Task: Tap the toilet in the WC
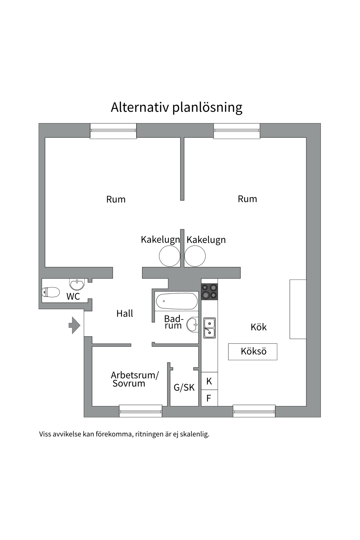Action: pos(51,292)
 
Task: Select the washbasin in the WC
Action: pos(77,284)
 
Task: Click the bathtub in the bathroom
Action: pos(177,301)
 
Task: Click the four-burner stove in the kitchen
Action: pos(210,291)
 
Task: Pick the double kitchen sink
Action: pos(210,328)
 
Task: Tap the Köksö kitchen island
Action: pos(253,352)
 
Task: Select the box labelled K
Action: pos(209,381)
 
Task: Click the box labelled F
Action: pos(209,398)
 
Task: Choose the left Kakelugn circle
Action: pos(169,256)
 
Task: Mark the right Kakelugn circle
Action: pos(195,256)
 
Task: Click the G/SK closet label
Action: pos(184,388)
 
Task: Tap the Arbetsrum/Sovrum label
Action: pos(134,379)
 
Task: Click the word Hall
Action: pos(125,313)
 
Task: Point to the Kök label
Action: pos(258,327)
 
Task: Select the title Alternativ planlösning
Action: pos(176,107)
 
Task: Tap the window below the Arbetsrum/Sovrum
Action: pos(141,411)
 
